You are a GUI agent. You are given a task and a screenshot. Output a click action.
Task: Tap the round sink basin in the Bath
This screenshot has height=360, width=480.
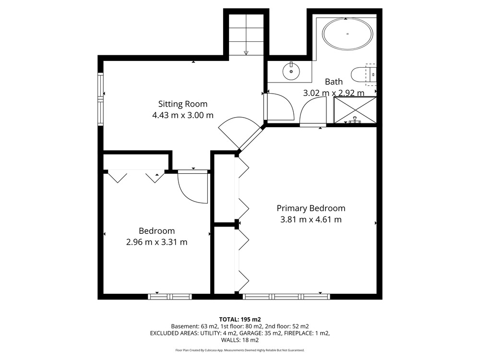(291, 71)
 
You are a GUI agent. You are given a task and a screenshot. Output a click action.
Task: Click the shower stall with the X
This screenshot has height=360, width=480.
(355, 110)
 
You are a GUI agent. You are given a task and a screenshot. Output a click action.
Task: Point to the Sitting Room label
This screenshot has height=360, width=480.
(183, 104)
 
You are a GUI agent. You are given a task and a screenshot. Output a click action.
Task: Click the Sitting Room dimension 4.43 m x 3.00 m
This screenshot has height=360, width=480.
(183, 115)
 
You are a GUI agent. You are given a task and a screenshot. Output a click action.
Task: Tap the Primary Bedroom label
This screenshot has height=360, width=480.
(311, 208)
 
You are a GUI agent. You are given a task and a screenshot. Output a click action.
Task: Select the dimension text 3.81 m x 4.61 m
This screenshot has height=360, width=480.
(311, 219)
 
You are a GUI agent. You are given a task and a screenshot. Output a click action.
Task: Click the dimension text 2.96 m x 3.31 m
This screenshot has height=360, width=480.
(157, 242)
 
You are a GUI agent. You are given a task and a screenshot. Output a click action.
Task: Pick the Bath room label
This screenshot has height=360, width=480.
(334, 82)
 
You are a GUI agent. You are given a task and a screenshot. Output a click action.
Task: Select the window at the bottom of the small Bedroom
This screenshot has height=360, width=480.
(170, 297)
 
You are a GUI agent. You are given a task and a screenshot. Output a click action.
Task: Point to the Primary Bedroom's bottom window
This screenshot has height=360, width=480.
(287, 297)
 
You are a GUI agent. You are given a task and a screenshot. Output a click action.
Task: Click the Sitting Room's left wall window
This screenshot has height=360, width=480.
(100, 99)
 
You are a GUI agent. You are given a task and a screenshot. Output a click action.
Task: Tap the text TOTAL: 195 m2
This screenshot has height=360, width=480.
(240, 320)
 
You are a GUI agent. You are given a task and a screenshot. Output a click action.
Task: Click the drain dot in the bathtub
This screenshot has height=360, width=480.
(348, 34)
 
